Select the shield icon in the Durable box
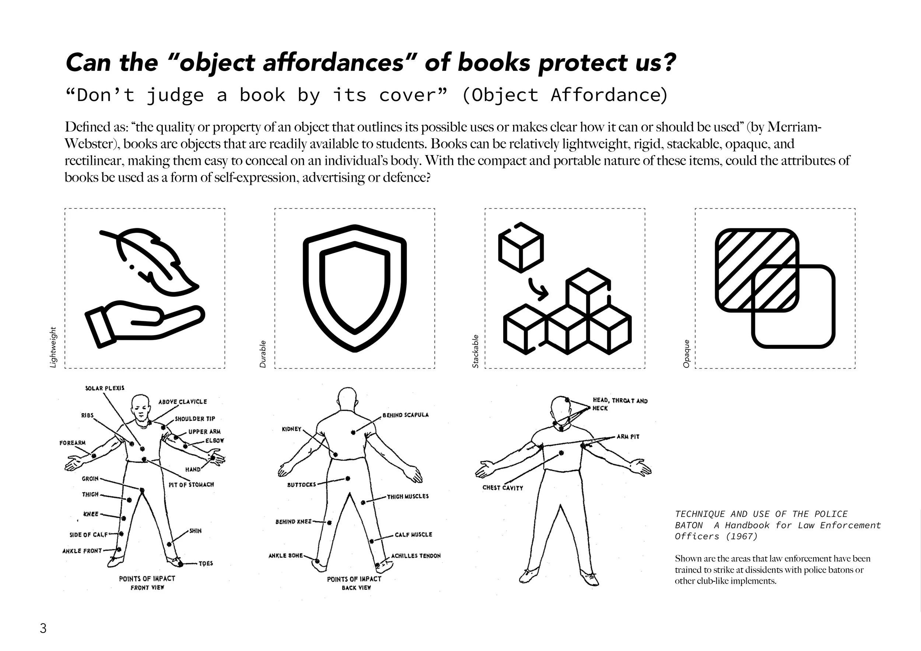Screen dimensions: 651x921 point(355,288)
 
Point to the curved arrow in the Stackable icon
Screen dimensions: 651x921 point(537,290)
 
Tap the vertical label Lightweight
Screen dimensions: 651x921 point(53,347)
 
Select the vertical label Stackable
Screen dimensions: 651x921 point(475,351)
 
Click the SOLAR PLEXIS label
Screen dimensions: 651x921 point(105,388)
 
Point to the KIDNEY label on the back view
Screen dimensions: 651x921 point(292,429)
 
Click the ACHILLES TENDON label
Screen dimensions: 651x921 point(416,556)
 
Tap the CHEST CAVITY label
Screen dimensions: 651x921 point(502,488)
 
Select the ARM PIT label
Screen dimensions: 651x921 point(628,437)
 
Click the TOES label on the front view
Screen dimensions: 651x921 point(206,564)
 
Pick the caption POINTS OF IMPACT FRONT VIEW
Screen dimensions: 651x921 point(147,583)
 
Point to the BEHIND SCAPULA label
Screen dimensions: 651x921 point(405,415)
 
